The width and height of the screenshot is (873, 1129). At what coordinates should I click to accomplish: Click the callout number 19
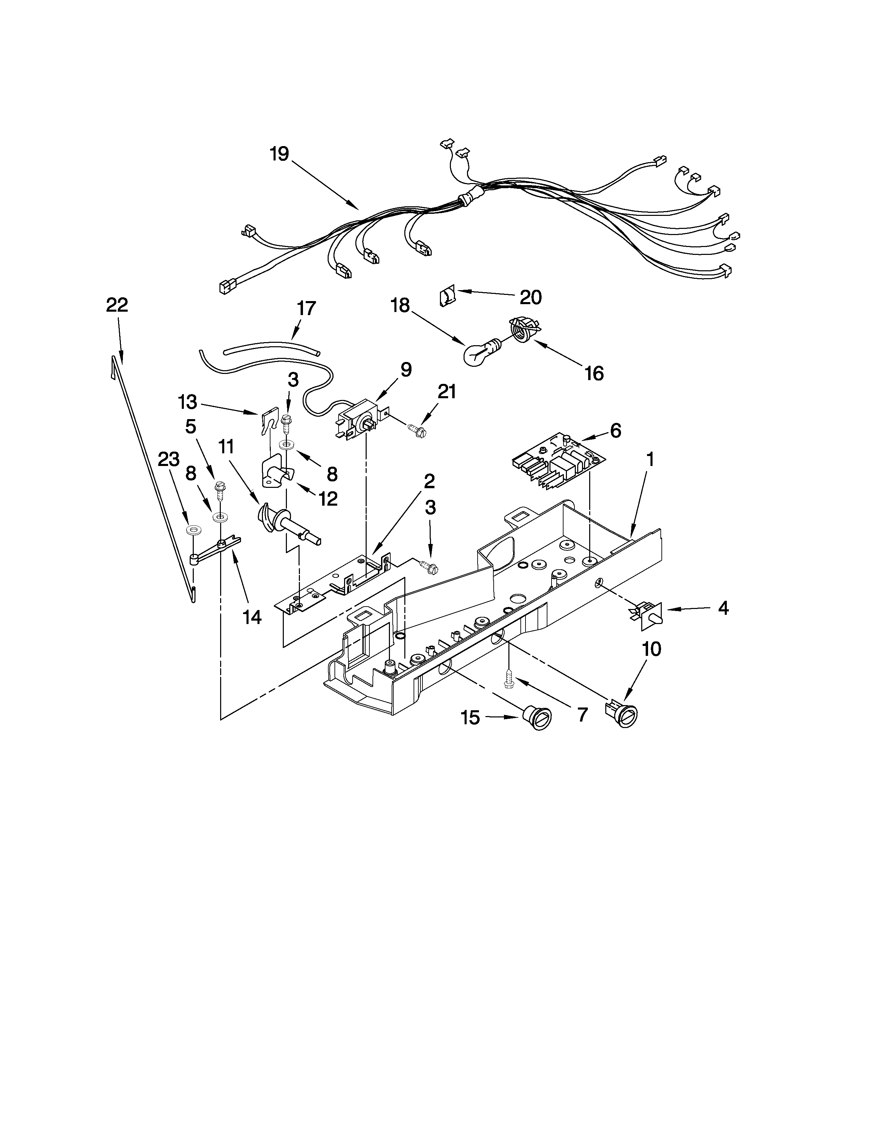click(x=279, y=154)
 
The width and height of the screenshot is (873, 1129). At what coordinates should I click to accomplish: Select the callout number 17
click(x=306, y=309)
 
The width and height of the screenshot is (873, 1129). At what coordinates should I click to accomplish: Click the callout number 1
click(x=650, y=458)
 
